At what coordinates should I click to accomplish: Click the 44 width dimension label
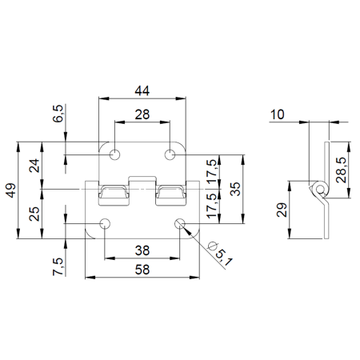pyautogui.click(x=142, y=91)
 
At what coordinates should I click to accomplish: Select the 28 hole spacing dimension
pyautogui.click(x=142, y=114)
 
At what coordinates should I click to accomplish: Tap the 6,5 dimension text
pyautogui.click(x=58, y=114)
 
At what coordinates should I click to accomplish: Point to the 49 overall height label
pyautogui.click(x=11, y=190)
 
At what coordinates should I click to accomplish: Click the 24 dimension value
pyautogui.click(x=34, y=166)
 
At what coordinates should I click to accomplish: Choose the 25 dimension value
pyautogui.click(x=34, y=214)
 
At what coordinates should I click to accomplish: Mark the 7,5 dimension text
pyautogui.click(x=58, y=266)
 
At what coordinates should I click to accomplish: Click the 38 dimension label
pyautogui.click(x=142, y=250)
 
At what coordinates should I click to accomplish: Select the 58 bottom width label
pyautogui.click(x=142, y=270)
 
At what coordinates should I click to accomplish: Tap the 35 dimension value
pyautogui.click(x=235, y=189)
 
